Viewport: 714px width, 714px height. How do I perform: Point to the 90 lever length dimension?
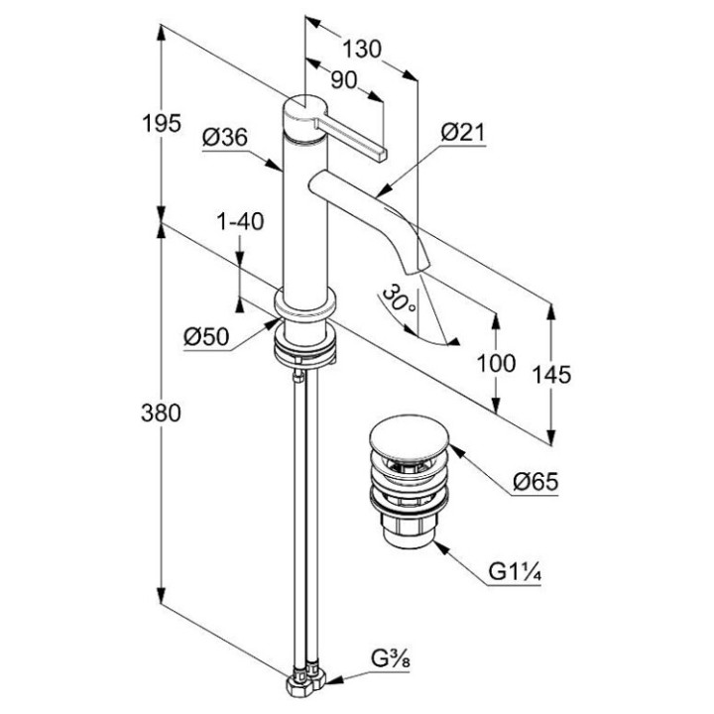pyautogui.click(x=343, y=83)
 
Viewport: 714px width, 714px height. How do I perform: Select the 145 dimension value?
pyautogui.click(x=552, y=373)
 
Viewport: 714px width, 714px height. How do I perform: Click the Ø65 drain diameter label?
pyautogui.click(x=536, y=483)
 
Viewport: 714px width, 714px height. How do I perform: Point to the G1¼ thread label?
pyautogui.click(x=515, y=572)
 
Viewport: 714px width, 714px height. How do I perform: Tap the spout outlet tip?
pyautogui.click(x=416, y=265)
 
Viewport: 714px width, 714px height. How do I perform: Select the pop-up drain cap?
pyautogui.click(x=406, y=439)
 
